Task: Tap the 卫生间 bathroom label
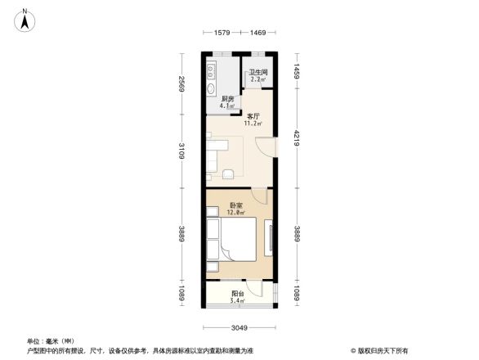coord(258,73)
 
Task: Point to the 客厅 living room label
coord(253,116)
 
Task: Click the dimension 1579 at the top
coord(223,33)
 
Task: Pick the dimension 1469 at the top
coord(258,33)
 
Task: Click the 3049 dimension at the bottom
coord(239,328)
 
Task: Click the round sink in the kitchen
coord(212,89)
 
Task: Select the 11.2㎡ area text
coord(253,124)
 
